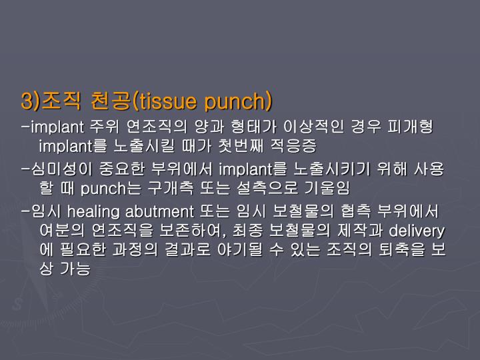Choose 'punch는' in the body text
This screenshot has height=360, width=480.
pyautogui.click(x=113, y=188)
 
